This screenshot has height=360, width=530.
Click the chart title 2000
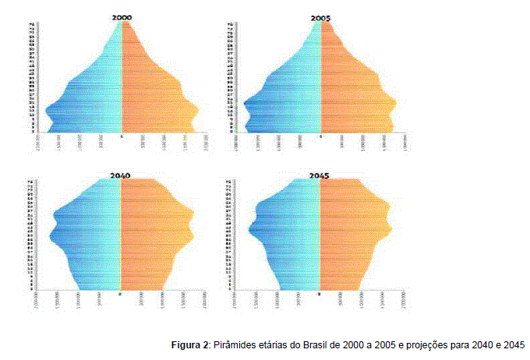click(x=121, y=16)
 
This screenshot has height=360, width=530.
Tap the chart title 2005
click(x=320, y=16)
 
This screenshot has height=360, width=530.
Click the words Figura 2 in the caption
click(x=190, y=344)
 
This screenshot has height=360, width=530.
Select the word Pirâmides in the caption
click(x=236, y=344)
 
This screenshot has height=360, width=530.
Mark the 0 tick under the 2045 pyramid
click(x=320, y=295)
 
